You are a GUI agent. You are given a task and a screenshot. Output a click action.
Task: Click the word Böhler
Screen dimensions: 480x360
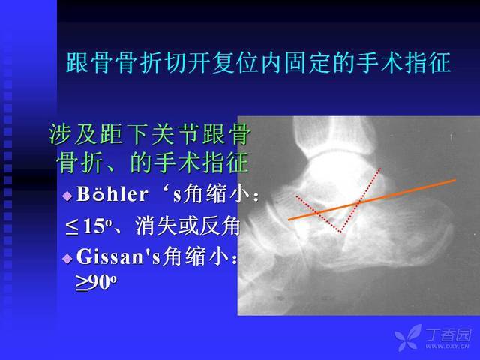point(112,193)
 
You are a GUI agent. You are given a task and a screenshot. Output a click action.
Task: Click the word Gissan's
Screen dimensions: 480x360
point(118,256)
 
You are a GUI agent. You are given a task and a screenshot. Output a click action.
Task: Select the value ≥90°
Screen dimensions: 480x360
point(96,282)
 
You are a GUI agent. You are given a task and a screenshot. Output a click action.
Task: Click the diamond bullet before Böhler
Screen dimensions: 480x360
point(67,196)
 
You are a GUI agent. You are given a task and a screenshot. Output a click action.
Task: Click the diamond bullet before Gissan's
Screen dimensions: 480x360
point(67,259)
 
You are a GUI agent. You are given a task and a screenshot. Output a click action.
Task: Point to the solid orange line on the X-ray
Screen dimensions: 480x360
point(372,200)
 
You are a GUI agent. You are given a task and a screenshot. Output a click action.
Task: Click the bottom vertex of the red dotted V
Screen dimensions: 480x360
point(340,232)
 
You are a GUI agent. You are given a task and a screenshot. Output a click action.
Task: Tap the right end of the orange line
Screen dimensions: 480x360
point(455,180)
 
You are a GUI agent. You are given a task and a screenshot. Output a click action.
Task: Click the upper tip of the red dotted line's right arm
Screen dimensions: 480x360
point(380,168)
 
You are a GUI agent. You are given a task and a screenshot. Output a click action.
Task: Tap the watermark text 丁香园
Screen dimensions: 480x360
point(448,334)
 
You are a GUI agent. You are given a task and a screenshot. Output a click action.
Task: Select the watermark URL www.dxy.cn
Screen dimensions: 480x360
point(447,346)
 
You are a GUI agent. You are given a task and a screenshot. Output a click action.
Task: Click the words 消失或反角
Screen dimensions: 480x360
point(187,226)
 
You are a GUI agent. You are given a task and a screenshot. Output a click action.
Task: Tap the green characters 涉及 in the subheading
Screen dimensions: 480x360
point(74,134)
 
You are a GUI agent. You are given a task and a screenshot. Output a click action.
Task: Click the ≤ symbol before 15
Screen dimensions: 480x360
point(72,227)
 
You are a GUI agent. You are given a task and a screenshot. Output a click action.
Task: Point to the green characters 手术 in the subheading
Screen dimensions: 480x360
point(177,163)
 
